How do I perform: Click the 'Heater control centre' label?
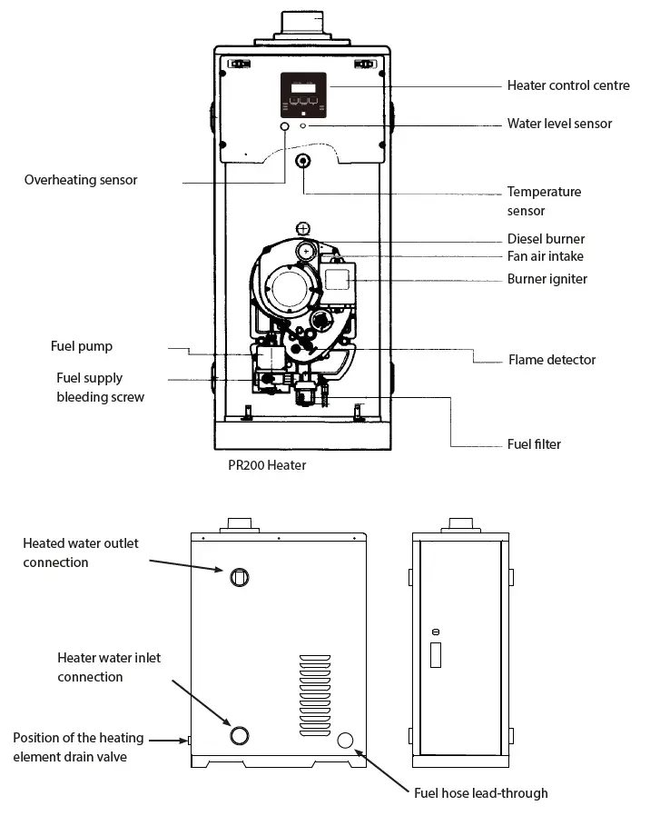click(567, 85)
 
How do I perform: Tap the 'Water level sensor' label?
click(559, 124)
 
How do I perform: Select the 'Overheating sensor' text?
click(81, 180)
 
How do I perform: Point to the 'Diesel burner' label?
click(546, 239)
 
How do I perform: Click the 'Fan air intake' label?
click(545, 256)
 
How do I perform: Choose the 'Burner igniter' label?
click(547, 279)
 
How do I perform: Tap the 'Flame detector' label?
click(551, 360)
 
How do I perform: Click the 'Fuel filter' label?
click(534, 444)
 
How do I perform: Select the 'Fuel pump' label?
click(82, 346)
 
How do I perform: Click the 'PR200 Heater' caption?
click(267, 465)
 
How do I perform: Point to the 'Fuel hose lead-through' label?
click(480, 793)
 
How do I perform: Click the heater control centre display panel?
click(303, 93)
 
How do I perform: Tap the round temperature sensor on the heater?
click(303, 161)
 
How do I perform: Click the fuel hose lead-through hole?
click(345, 741)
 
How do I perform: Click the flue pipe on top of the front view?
click(303, 22)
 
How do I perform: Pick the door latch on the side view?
click(436, 652)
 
